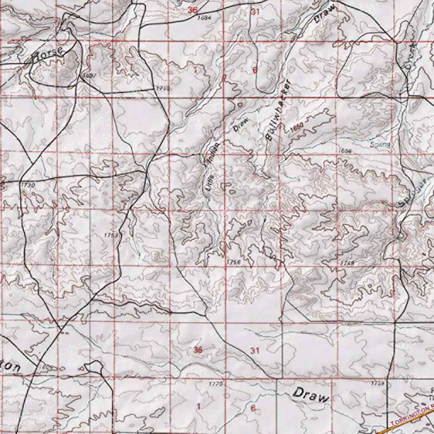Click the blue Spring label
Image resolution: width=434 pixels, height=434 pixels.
point(380,145)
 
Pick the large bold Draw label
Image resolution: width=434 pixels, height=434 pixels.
point(311,395)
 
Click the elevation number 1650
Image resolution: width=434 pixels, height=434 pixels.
point(297,125)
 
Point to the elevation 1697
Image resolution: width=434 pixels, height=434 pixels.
point(89,75)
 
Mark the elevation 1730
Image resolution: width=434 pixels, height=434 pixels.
point(28,185)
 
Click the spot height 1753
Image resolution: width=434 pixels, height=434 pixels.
point(111,234)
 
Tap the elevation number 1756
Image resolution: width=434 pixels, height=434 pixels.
point(234,262)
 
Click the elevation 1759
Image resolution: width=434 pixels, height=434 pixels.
point(377,383)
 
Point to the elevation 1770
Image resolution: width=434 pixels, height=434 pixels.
point(216,384)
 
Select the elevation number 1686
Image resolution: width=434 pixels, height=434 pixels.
point(346,151)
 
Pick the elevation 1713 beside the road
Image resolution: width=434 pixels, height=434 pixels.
point(162,88)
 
